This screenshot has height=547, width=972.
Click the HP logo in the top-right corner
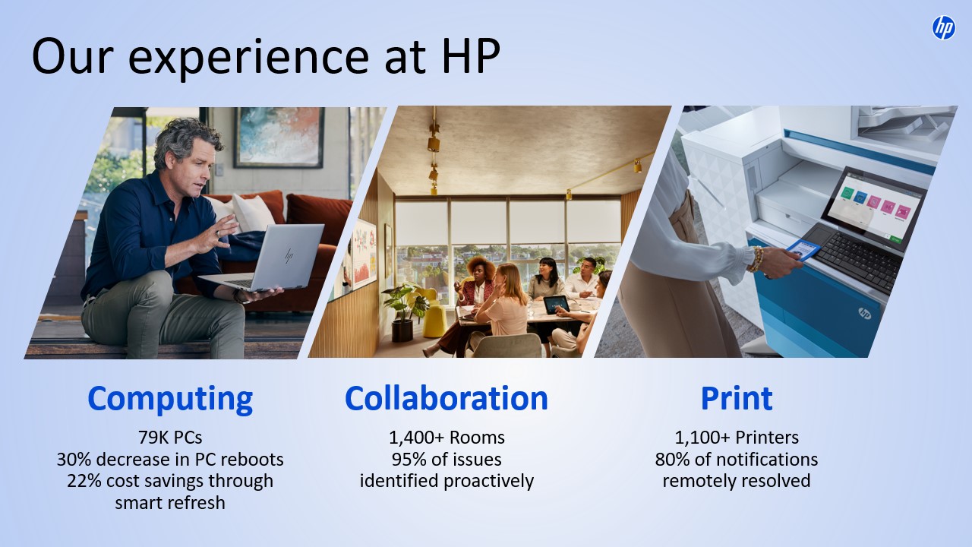943,28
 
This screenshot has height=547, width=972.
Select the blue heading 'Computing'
170,400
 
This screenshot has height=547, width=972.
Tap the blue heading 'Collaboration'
446,398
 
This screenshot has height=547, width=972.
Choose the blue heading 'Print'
737,398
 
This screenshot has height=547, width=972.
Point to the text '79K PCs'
170,438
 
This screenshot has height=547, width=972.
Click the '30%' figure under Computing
74,460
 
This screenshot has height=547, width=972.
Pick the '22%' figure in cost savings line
84,481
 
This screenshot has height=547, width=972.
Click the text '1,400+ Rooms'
447,438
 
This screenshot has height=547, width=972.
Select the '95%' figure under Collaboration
409,460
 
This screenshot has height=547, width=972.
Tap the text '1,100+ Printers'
737,438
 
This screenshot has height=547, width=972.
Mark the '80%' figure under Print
672,460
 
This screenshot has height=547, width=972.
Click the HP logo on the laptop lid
289,256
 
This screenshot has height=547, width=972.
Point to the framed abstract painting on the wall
279,137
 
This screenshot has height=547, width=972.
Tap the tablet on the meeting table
556,305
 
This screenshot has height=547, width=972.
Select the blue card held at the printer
803,250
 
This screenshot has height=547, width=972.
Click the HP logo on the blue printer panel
865,313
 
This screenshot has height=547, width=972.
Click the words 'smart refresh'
170,503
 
